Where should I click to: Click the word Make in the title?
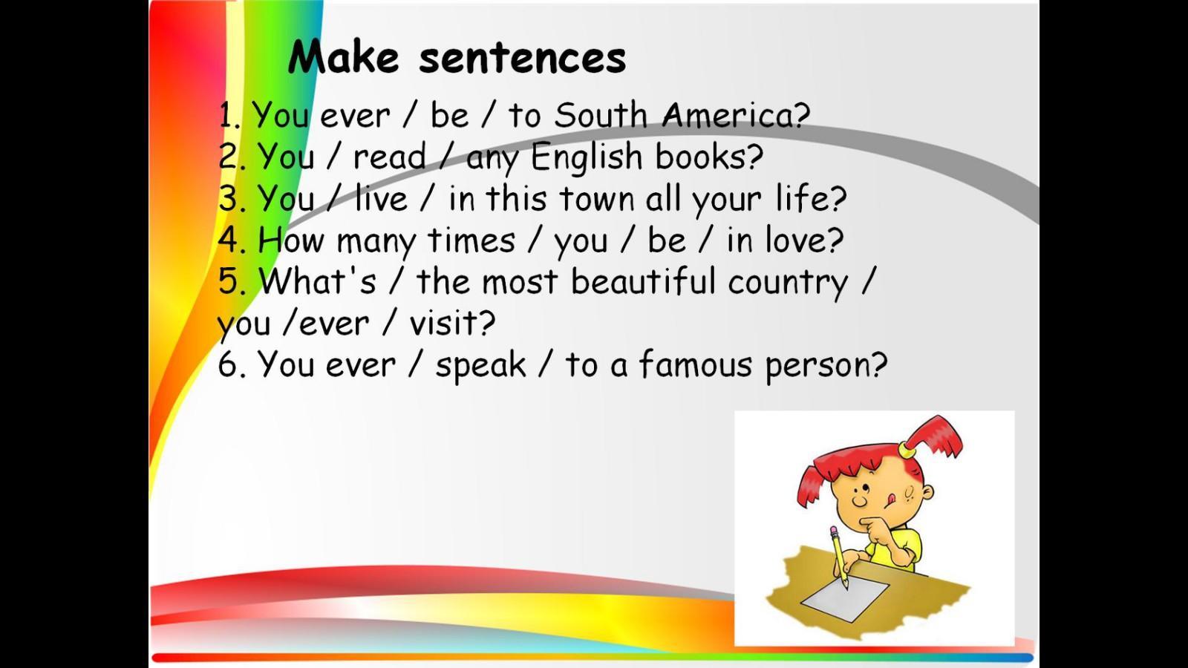pos(343,56)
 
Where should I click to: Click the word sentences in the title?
pos(523,59)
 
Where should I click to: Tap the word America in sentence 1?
pos(736,115)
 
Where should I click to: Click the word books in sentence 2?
pos(709,157)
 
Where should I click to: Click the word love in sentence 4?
pos(804,240)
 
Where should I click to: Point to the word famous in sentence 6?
pos(695,364)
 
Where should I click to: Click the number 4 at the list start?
pos(227,240)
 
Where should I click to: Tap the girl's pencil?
pos(839,557)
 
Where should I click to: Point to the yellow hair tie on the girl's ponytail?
pos(907,451)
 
